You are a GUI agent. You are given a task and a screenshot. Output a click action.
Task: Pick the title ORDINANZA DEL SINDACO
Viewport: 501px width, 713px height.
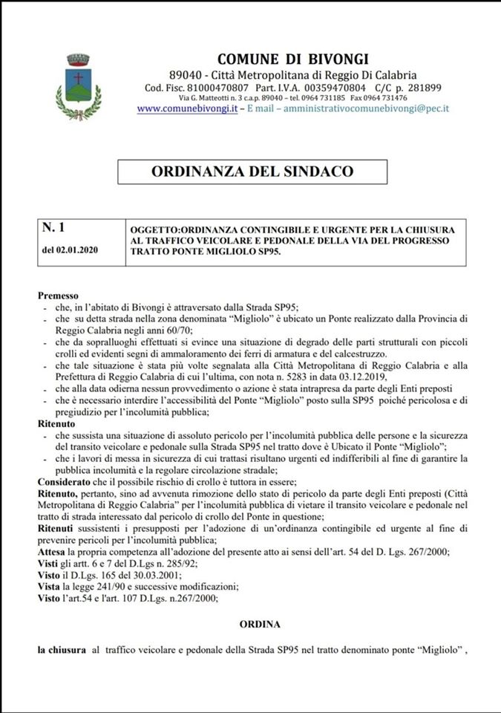(252, 172)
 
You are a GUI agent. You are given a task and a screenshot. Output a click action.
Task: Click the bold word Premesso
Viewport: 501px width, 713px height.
(58, 296)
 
